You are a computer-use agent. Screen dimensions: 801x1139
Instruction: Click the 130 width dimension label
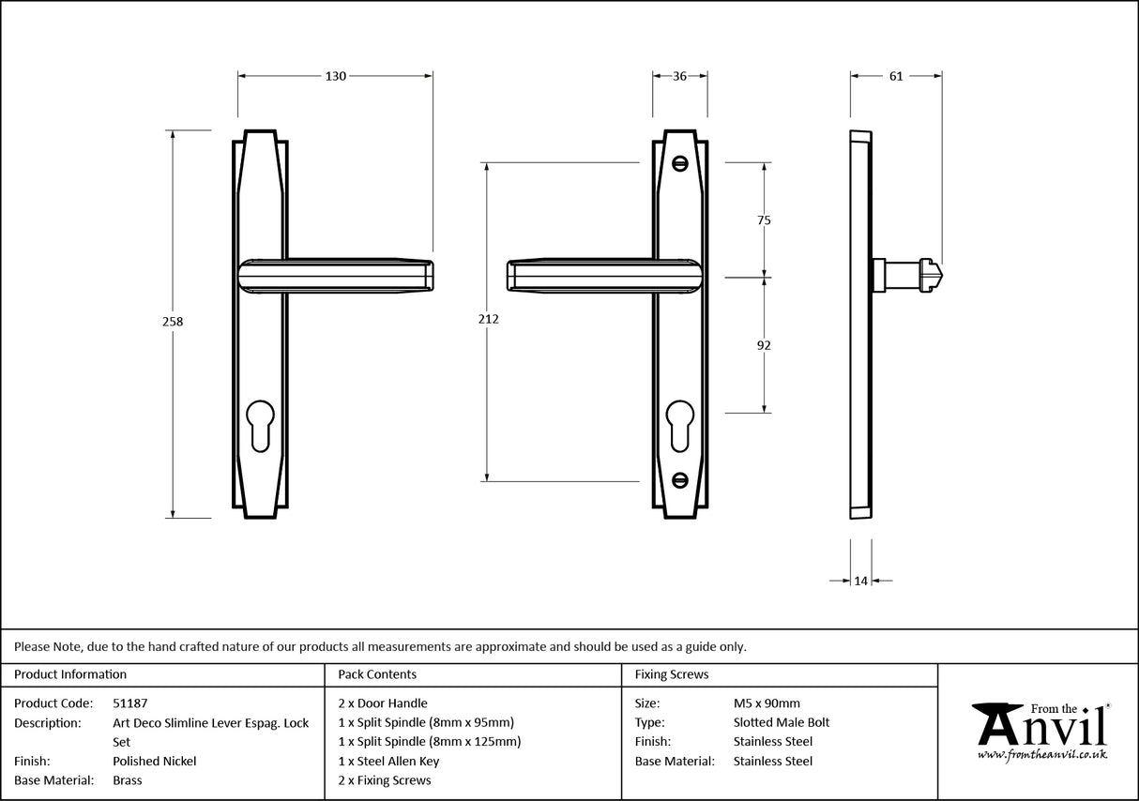(x=335, y=76)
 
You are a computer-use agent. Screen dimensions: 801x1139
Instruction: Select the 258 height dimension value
(x=173, y=321)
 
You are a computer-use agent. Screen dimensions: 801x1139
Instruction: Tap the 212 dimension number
(x=488, y=319)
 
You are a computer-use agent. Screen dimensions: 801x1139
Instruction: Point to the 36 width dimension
(x=680, y=76)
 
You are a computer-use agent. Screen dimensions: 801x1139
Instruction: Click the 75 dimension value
(x=764, y=220)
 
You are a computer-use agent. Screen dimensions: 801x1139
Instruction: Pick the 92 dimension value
(x=764, y=345)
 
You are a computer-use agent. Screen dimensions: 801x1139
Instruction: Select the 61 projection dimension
(x=895, y=76)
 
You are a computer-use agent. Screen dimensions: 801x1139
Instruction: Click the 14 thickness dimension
(x=860, y=581)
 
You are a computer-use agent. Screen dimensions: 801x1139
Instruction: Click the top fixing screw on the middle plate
(x=680, y=163)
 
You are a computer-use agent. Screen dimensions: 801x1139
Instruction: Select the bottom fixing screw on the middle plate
(x=680, y=480)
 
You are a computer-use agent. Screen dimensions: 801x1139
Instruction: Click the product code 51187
(x=129, y=703)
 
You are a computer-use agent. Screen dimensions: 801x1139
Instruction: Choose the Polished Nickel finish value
(x=154, y=762)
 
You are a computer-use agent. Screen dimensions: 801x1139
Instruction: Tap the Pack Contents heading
(x=377, y=674)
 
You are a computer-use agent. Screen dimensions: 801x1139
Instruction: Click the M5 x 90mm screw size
(x=767, y=703)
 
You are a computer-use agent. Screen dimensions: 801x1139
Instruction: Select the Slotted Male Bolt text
(x=781, y=722)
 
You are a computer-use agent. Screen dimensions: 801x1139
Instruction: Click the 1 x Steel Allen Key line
(x=388, y=762)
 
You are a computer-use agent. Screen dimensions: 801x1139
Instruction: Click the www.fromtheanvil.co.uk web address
(x=1041, y=754)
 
